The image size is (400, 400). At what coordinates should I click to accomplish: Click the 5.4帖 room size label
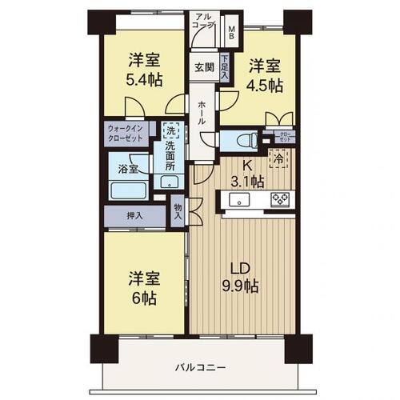(144, 80)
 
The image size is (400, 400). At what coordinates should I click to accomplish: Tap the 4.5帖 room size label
(264, 86)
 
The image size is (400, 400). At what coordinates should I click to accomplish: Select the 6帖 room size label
(144, 298)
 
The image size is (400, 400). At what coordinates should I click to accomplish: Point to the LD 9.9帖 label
(240, 278)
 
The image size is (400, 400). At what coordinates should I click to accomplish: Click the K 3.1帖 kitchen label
(247, 174)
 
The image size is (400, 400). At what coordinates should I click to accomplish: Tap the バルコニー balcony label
(200, 368)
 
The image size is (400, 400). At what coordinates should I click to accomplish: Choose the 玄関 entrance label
(204, 67)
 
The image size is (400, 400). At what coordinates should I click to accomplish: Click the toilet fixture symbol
(247, 141)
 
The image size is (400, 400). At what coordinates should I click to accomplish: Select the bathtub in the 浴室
(129, 190)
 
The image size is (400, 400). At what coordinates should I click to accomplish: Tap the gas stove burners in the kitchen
(280, 199)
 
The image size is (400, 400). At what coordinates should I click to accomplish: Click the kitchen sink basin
(239, 199)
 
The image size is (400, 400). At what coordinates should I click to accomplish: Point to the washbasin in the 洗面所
(169, 182)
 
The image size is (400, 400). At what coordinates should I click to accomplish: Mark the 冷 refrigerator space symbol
(278, 159)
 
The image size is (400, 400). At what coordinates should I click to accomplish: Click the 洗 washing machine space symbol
(171, 130)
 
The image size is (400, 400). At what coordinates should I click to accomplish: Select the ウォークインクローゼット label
(126, 134)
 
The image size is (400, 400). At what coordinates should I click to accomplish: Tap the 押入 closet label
(135, 215)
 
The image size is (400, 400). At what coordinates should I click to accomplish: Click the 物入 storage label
(178, 211)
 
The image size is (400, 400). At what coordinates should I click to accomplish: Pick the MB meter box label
(231, 31)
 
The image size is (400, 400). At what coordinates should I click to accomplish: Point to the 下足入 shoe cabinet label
(225, 67)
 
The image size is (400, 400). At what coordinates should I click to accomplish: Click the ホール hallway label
(202, 113)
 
